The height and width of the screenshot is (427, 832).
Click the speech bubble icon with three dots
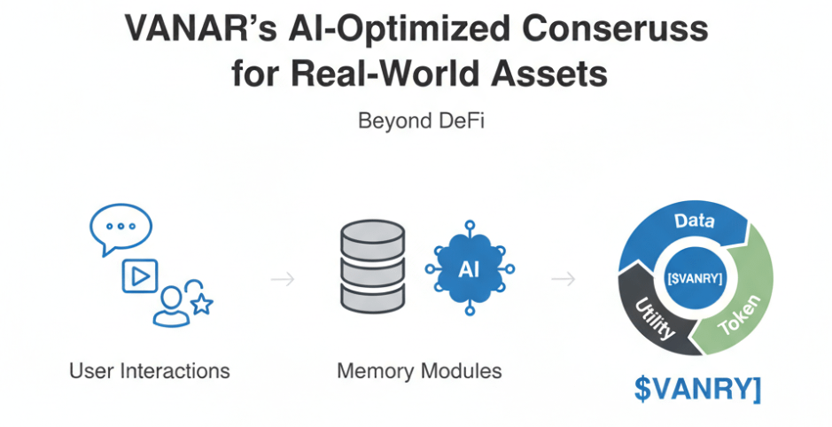pyautogui.click(x=116, y=229)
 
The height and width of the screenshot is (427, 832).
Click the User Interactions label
pyautogui.click(x=150, y=370)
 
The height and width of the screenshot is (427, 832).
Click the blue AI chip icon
pyautogui.click(x=470, y=268)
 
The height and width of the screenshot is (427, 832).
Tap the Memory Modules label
pyautogui.click(x=419, y=370)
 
